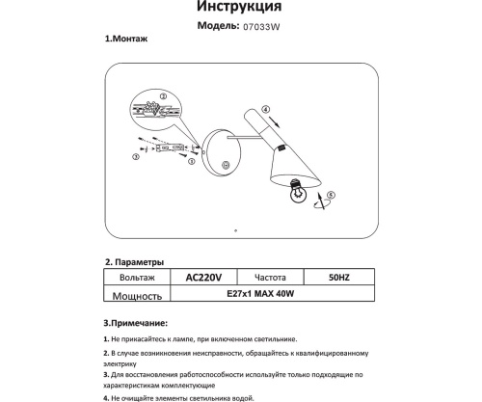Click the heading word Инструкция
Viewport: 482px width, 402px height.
coord(241,9)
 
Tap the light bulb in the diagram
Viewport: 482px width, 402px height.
coord(300,193)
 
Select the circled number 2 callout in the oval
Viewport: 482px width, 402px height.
coord(162,96)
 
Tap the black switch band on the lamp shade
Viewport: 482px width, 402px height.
coord(282,148)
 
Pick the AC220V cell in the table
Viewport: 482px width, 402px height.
coord(202,277)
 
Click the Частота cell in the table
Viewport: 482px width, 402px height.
coord(271,277)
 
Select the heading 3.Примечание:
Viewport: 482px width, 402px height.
coord(136,322)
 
